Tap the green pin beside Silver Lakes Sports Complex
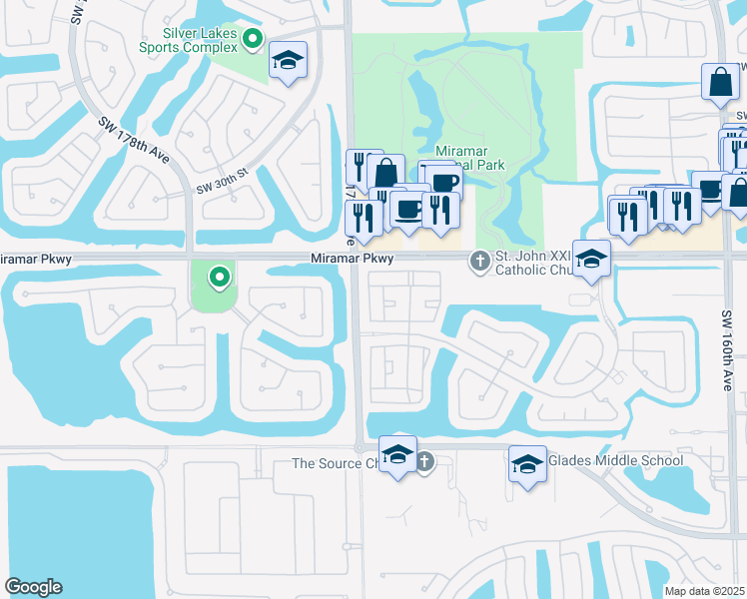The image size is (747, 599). (x=253, y=40)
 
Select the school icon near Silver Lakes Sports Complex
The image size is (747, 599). (x=289, y=60)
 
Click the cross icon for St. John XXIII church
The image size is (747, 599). (x=479, y=262)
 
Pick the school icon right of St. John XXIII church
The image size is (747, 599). (x=591, y=259)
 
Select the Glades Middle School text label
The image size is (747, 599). (x=616, y=460)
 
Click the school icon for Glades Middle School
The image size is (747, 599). (x=527, y=462)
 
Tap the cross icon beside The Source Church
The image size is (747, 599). (x=424, y=461)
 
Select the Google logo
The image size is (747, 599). (x=33, y=586)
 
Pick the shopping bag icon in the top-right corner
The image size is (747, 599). (x=720, y=83)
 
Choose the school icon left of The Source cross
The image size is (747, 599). (x=397, y=456)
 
